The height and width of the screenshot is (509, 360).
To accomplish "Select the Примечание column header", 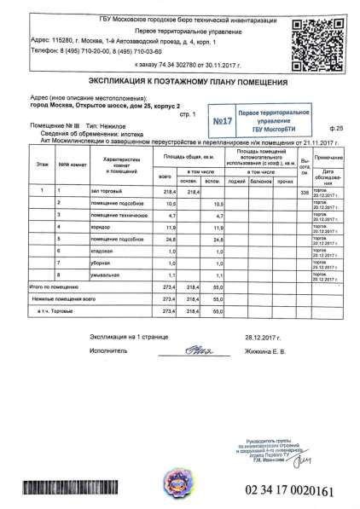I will click(x=328, y=159).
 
